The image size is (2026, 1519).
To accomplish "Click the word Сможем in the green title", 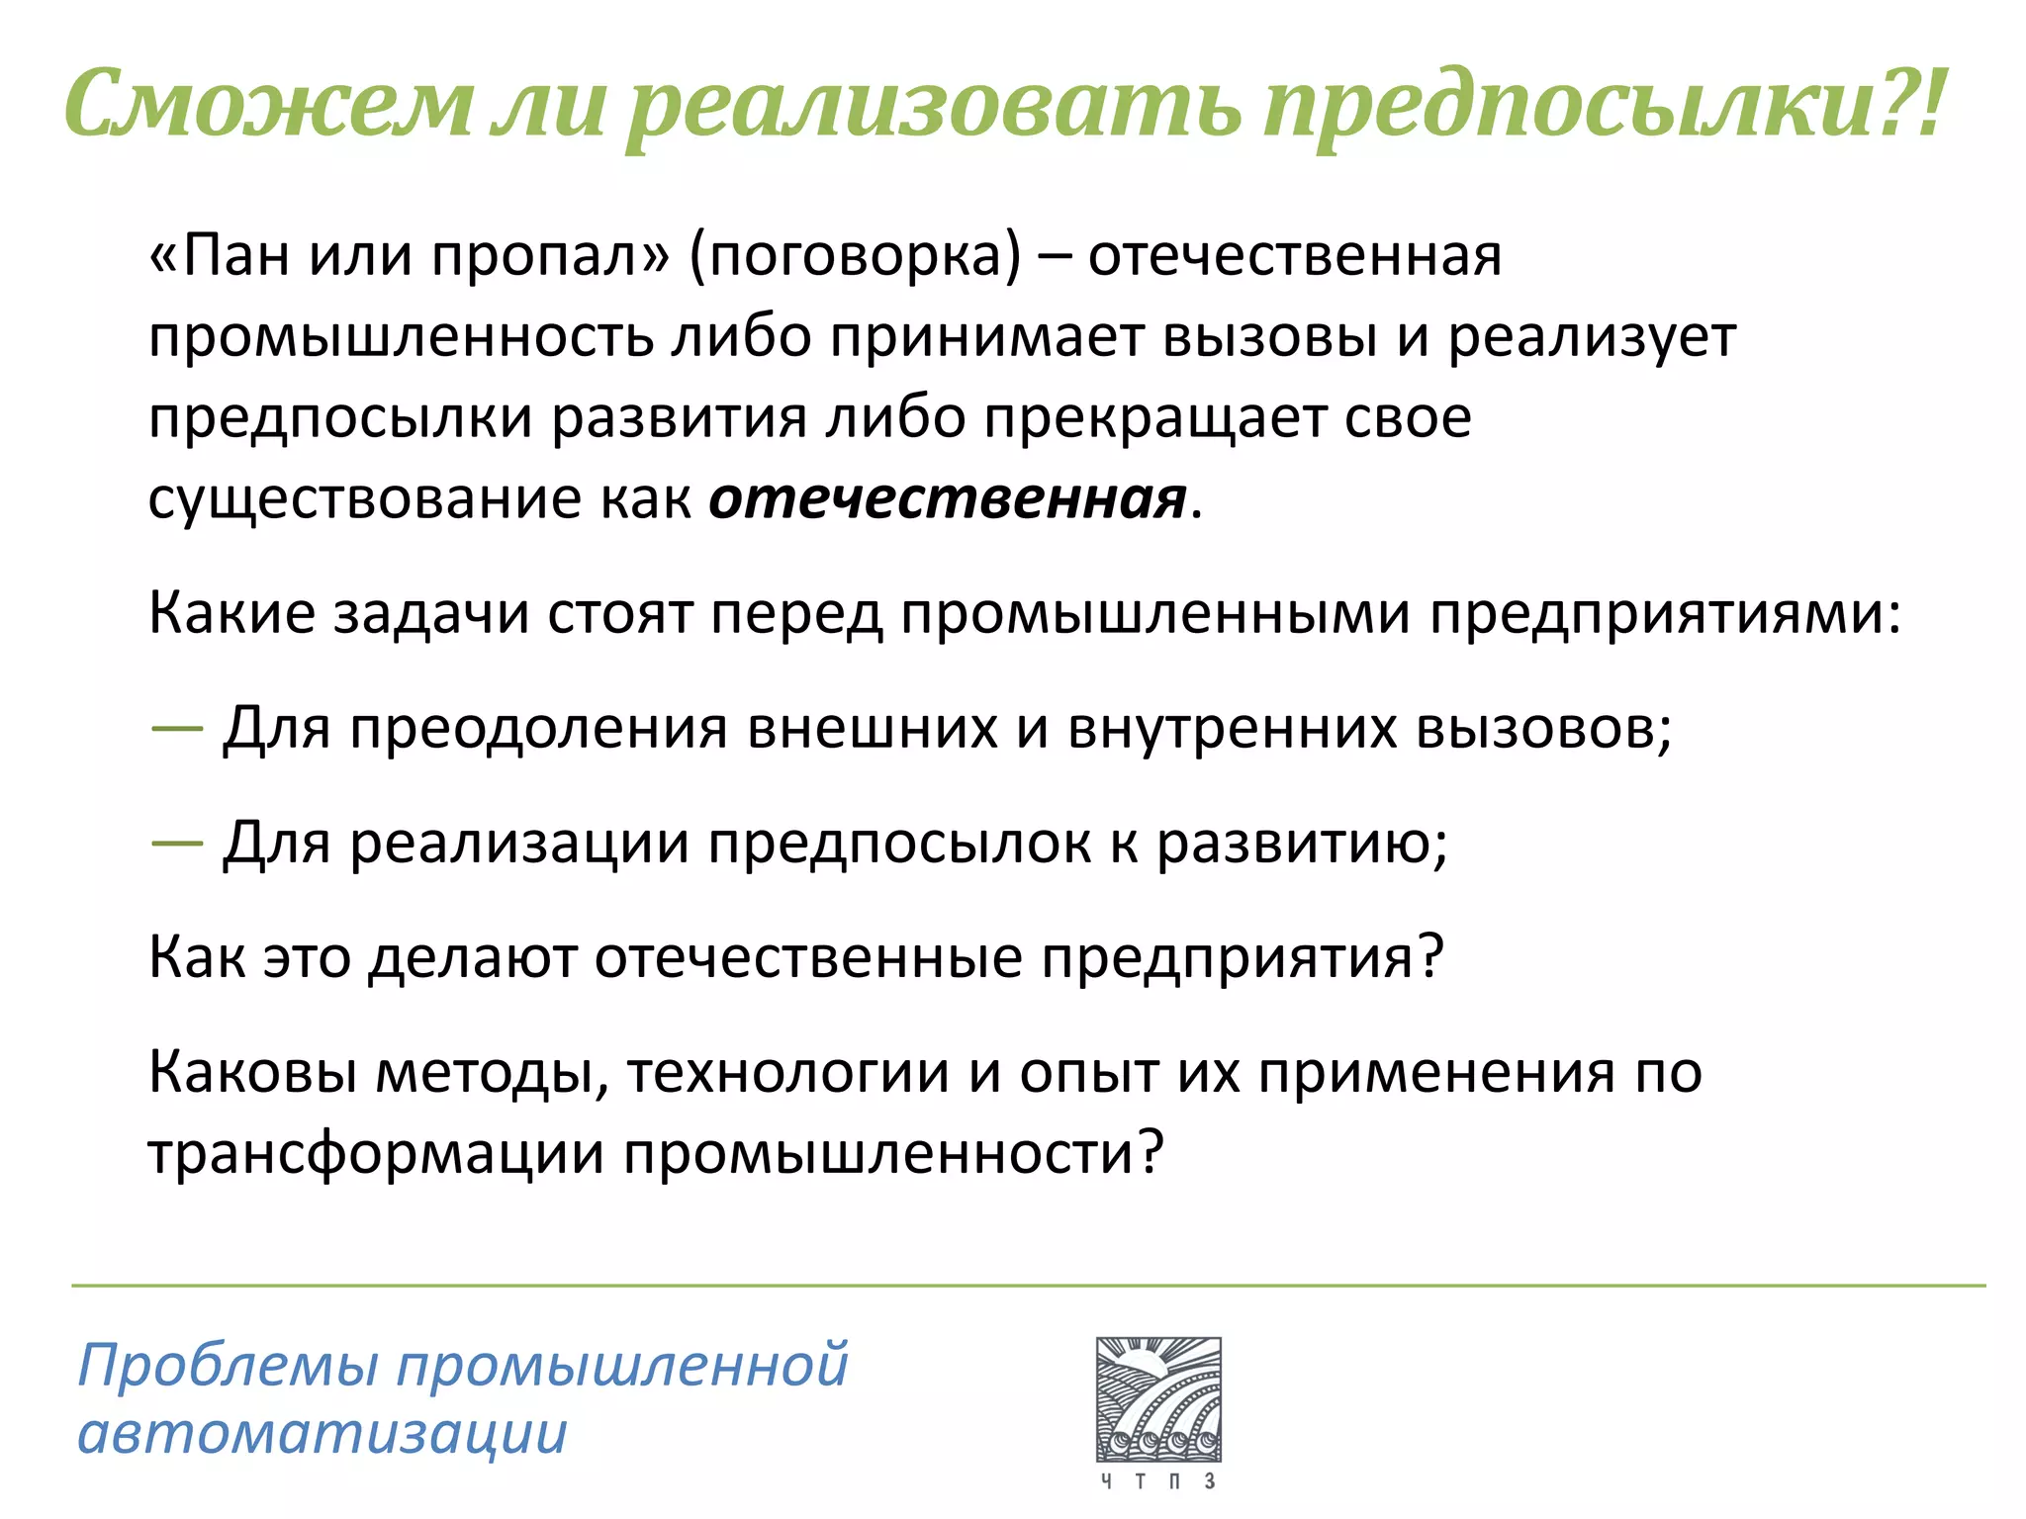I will tap(268, 104).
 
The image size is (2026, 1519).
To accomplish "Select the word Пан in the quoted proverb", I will tap(233, 255).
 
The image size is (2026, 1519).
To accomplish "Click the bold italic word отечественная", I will tap(947, 498).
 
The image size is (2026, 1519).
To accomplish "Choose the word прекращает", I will tap(1154, 417).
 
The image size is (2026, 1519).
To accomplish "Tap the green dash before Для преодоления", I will tap(177, 729).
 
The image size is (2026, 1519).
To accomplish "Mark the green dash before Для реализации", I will tap(177, 843).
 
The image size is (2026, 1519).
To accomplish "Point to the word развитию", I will tap(1301, 843).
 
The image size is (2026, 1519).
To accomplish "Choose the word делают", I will tap(473, 957).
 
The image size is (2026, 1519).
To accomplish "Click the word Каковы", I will tap(253, 1072).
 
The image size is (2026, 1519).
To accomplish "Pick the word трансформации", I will tap(376, 1153).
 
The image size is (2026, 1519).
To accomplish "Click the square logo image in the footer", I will tap(1158, 1399).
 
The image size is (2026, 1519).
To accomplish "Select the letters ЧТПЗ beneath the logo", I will tap(1158, 1480).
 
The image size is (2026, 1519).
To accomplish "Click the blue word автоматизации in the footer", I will tap(322, 1433).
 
